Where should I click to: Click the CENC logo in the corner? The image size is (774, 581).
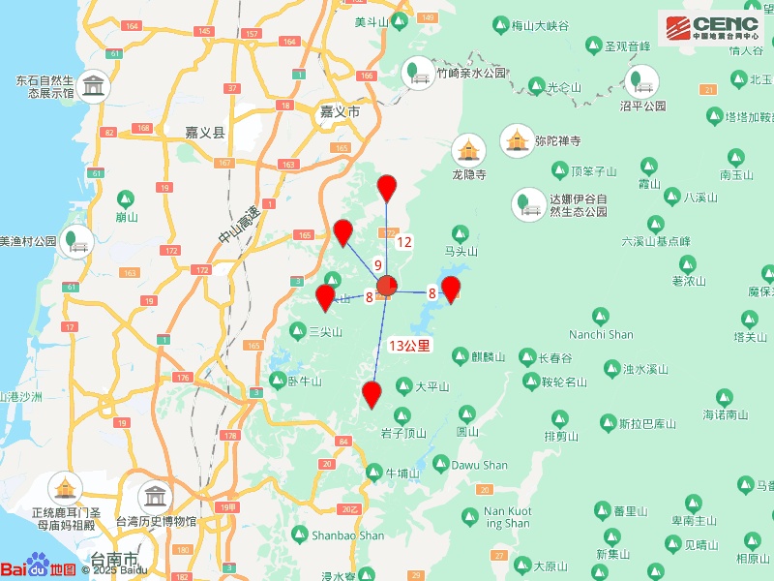click(x=710, y=25)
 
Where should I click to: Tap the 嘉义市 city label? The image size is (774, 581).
click(x=340, y=112)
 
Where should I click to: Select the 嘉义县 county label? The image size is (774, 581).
click(x=205, y=133)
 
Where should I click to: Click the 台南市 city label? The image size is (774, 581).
click(x=114, y=559)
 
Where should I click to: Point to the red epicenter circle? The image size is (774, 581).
click(x=387, y=286)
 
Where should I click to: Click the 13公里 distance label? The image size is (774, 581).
click(x=409, y=345)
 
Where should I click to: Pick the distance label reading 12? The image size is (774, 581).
click(x=404, y=242)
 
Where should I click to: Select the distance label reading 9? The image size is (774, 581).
click(x=378, y=264)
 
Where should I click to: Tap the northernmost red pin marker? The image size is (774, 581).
click(x=387, y=188)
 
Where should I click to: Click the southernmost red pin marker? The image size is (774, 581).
click(x=372, y=393)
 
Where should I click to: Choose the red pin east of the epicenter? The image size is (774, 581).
click(x=451, y=288)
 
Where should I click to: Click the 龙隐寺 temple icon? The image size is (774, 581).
click(x=469, y=149)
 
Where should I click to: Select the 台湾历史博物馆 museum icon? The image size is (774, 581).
click(x=153, y=498)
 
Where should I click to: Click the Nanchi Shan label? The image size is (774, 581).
click(x=601, y=335)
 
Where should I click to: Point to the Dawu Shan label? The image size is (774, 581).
click(x=481, y=465)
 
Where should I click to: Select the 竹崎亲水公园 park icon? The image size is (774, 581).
click(x=419, y=72)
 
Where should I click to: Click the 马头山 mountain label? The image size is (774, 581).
click(x=461, y=250)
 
